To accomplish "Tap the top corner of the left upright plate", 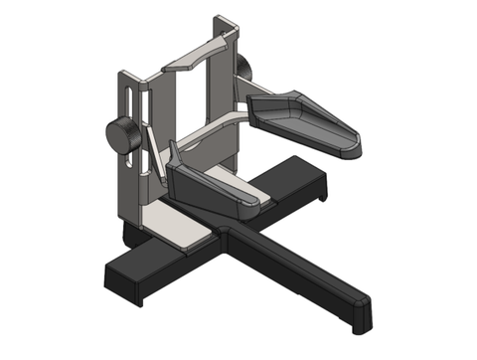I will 122,73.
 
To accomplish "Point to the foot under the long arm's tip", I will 361,327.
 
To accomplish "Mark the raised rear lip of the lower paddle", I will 176,159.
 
